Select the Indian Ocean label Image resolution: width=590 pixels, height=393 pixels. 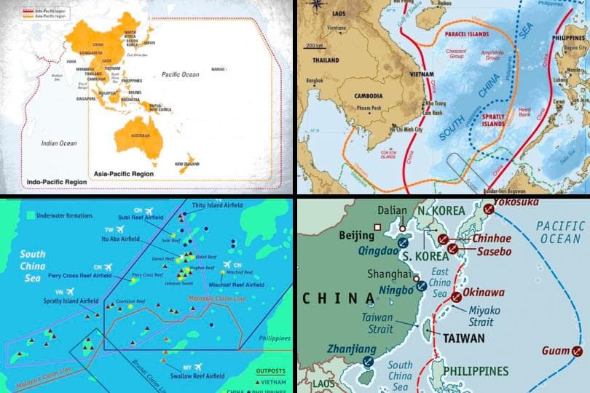[x=59, y=143]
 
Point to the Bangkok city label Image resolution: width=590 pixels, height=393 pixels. [x=314, y=79]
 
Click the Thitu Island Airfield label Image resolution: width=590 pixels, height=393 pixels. [x=219, y=205]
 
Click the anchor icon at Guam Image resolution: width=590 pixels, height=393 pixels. [x=578, y=352]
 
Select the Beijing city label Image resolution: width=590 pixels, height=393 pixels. [x=357, y=235]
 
